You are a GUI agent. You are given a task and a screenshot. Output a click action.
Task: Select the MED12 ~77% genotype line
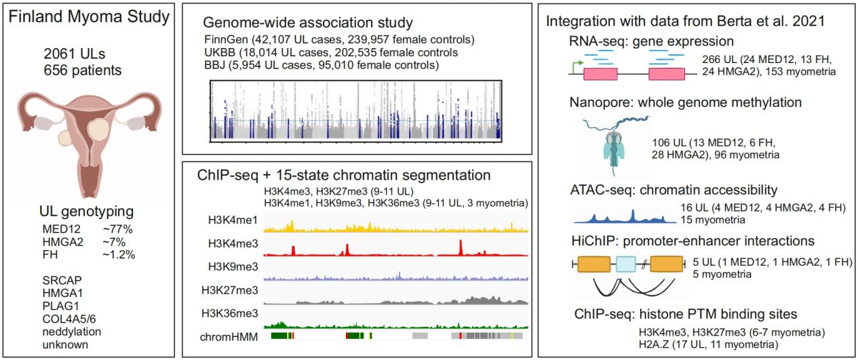click(x=87, y=229)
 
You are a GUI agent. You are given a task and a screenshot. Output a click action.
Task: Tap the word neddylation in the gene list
click(x=70, y=332)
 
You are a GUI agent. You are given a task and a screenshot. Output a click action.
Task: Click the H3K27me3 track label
click(x=229, y=290)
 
